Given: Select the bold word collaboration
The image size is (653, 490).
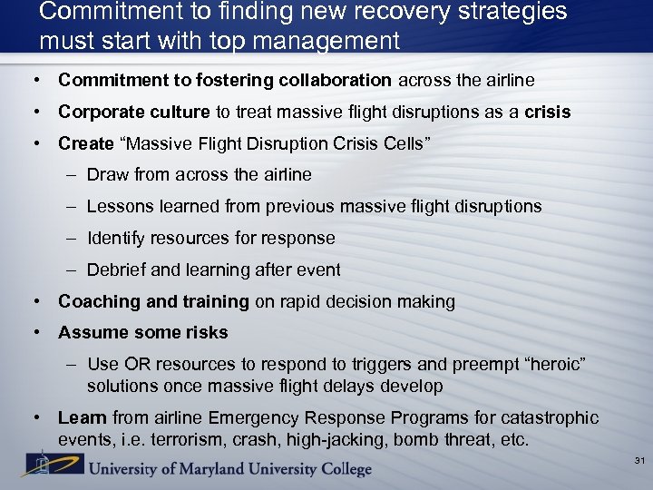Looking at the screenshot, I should [334, 80].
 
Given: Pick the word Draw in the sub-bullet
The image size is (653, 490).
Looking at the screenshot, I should [106, 174].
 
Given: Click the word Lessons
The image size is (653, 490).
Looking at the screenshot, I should [119, 206].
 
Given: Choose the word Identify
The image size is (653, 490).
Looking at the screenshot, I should [116, 238].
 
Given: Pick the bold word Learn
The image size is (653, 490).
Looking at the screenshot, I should [82, 417].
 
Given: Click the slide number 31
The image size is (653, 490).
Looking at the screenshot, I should [639, 461].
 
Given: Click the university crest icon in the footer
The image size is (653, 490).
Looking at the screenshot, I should [41, 465].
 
